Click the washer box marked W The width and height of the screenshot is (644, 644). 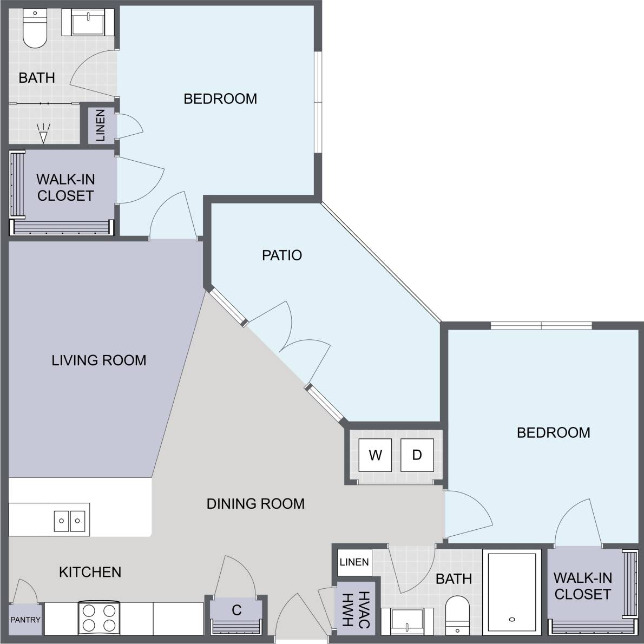point(375,455)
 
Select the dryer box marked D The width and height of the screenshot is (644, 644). point(417,455)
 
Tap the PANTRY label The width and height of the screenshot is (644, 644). point(25,620)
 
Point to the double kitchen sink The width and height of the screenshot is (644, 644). point(69,521)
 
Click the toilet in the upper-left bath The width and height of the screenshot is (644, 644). point(35,31)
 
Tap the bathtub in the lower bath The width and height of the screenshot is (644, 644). point(511,592)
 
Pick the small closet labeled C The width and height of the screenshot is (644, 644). point(236,610)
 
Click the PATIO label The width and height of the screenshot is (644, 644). point(281,255)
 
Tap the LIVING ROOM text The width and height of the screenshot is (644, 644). point(99,360)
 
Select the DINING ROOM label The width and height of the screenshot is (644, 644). point(255,504)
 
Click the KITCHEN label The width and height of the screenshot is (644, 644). point(90,572)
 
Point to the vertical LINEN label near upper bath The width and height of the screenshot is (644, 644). point(101,125)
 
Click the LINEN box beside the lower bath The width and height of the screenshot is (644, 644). point(354,562)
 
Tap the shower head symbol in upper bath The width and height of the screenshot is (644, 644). point(43,133)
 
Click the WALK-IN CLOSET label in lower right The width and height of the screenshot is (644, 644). point(582,586)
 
